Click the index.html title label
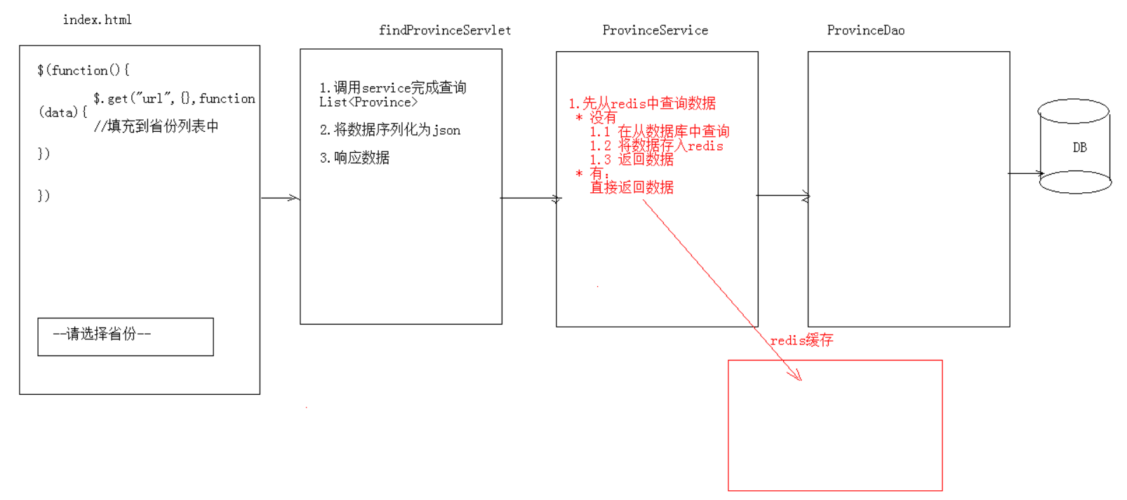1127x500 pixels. coord(97,20)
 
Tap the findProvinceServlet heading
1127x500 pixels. coord(444,30)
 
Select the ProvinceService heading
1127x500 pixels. coord(655,30)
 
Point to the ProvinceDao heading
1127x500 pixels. coord(865,30)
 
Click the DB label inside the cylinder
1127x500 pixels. coord(1079,147)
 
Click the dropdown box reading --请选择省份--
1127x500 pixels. coord(125,337)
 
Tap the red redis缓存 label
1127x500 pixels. coord(801,340)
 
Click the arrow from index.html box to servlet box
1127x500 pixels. coord(280,198)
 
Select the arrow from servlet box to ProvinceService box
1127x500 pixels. coord(530,198)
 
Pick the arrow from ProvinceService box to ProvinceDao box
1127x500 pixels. coord(782,196)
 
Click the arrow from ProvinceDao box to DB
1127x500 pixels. coord(1026,173)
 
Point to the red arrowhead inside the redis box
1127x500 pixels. coord(796,375)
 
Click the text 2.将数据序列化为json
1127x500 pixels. coord(390,130)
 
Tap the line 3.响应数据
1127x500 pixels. coord(354,158)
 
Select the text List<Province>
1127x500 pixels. coord(368,102)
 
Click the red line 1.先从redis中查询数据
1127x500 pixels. coord(642,103)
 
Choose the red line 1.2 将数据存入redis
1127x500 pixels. coord(656,146)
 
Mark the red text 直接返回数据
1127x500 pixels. coord(632,187)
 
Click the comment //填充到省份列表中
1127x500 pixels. coord(156,126)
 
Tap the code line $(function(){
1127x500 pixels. coord(83,70)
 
